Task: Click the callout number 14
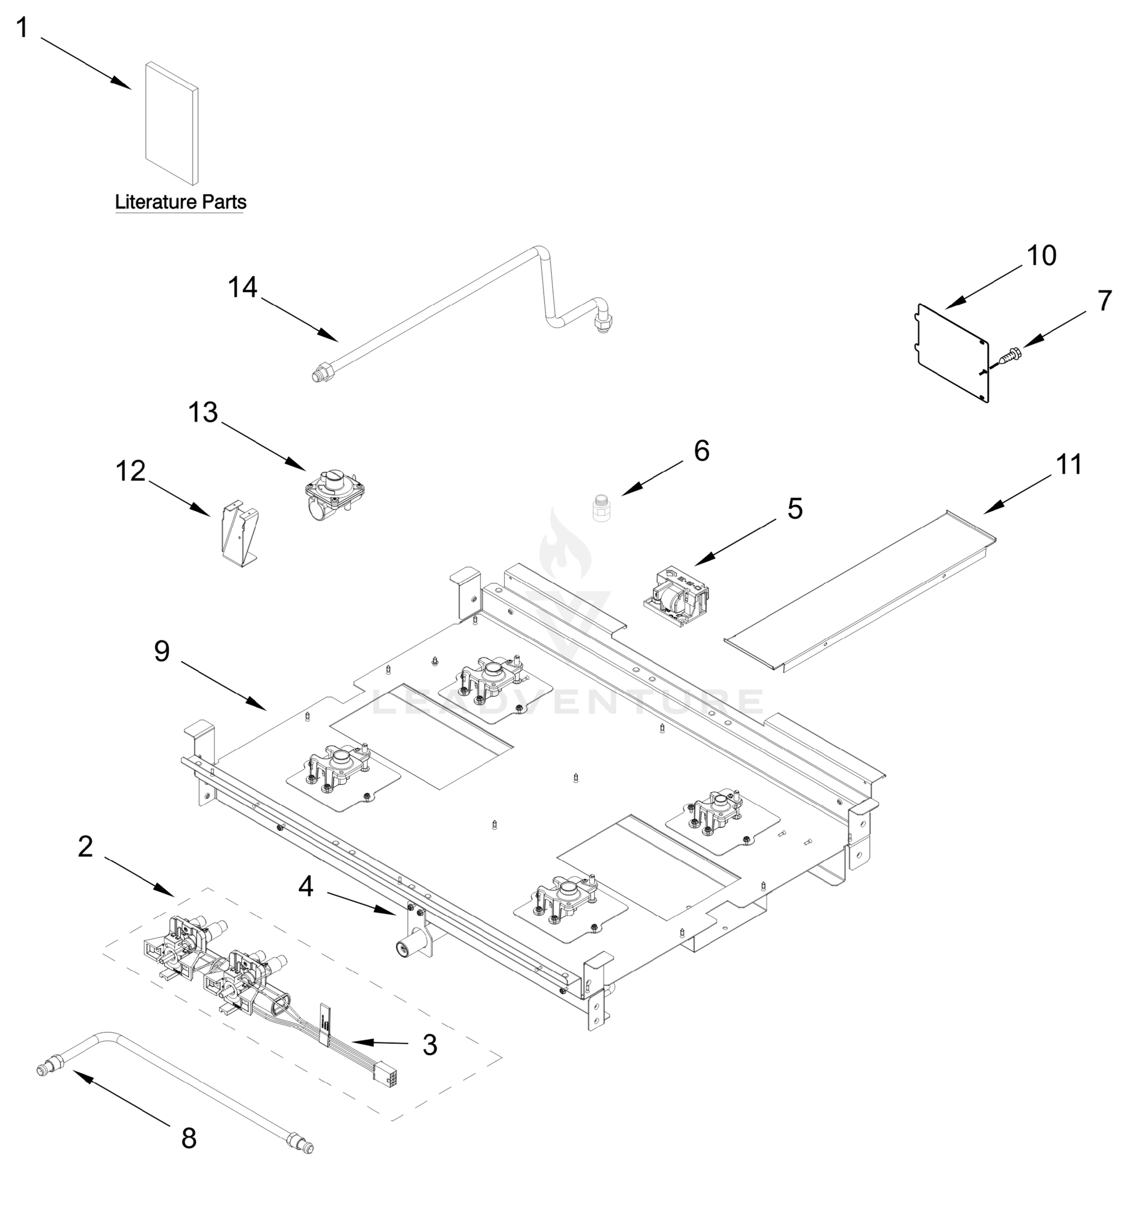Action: click(242, 287)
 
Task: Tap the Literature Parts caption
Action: click(181, 202)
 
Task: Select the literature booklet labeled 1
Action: click(172, 123)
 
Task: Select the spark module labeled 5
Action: click(676, 598)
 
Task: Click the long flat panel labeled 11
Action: click(860, 590)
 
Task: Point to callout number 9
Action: click(161, 652)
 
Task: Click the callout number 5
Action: click(794, 509)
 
